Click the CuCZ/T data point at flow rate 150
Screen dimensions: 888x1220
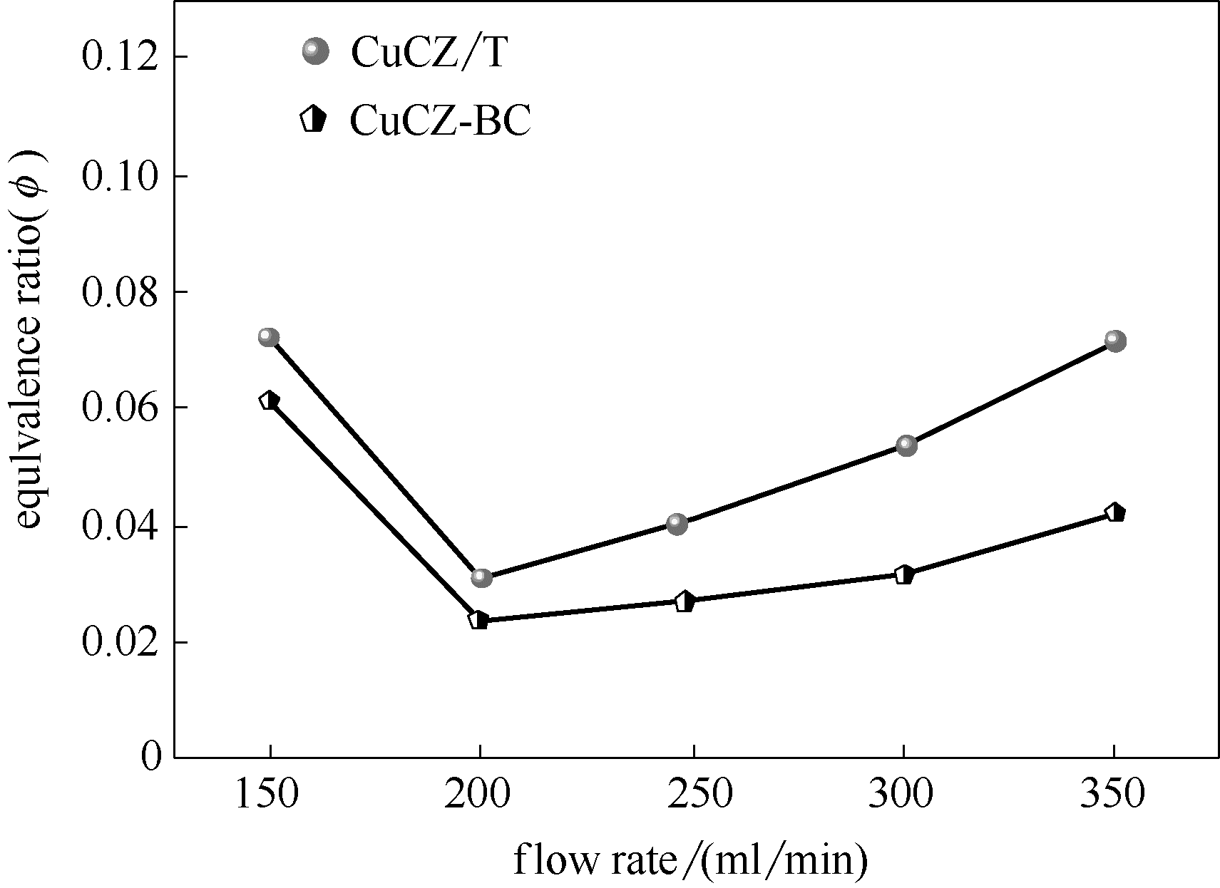click(x=268, y=337)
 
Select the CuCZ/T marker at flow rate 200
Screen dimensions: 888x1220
click(x=481, y=577)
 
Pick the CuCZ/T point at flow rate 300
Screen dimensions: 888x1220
click(x=906, y=445)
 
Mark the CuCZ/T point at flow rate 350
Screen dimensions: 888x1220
click(x=1115, y=341)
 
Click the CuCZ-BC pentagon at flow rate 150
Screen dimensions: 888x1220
click(x=269, y=401)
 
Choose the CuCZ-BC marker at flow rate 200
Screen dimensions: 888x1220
click(x=478, y=620)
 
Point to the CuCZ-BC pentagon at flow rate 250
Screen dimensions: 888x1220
click(x=685, y=601)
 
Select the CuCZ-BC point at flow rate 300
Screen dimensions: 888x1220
click(x=904, y=574)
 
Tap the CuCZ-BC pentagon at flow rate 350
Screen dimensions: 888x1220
click(x=1115, y=512)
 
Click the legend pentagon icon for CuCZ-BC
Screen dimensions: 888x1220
click(x=313, y=120)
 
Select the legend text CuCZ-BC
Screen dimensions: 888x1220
click(x=440, y=121)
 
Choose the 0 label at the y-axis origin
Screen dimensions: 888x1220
click(x=150, y=756)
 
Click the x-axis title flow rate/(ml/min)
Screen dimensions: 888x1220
click(x=690, y=860)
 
